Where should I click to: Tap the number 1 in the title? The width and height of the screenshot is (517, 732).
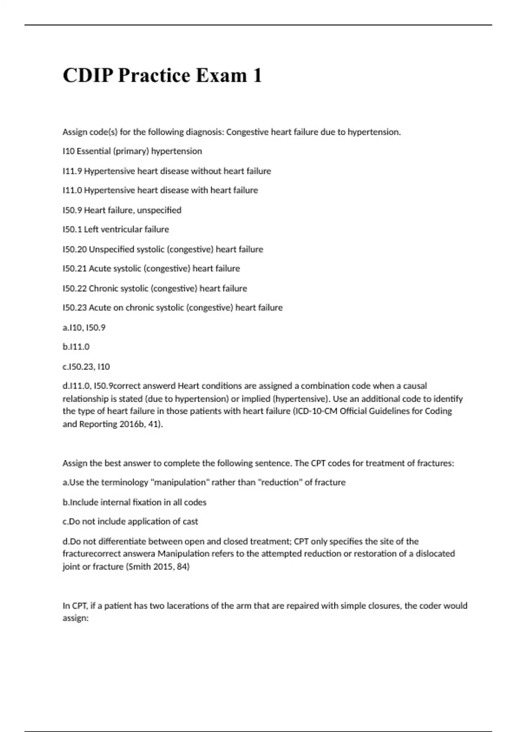(257, 75)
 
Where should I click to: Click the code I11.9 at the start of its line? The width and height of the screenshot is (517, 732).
(72, 171)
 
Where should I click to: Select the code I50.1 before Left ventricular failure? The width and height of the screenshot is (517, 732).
(72, 230)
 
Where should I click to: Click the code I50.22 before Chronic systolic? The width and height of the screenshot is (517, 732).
(75, 288)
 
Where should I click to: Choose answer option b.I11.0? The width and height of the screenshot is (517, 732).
(76, 347)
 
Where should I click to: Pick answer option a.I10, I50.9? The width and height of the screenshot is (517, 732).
(84, 328)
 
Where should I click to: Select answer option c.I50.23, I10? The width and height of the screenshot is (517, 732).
(86, 367)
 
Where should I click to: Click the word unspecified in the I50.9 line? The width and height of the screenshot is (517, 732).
(159, 210)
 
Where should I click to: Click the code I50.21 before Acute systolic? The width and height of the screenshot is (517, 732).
(75, 269)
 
